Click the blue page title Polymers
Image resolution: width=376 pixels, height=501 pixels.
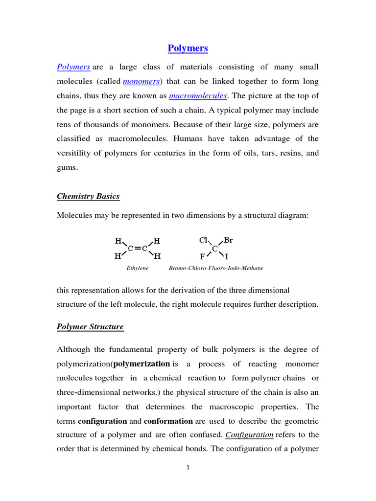coord(188,48)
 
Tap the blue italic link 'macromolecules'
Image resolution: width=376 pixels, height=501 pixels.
coord(198,96)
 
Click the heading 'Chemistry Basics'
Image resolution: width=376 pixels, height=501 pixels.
coord(88,196)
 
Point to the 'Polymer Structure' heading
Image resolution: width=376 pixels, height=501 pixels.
coord(90,326)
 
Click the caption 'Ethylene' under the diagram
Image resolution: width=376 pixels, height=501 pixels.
coord(138,268)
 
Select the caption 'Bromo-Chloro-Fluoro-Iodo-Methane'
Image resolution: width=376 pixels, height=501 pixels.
coord(216,268)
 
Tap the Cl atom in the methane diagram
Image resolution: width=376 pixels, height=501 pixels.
coord(204,240)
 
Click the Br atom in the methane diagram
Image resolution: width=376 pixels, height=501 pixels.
coord(228,240)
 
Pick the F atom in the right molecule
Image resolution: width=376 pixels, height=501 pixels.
coord(202,256)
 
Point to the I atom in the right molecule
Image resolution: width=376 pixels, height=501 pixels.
coord(227,256)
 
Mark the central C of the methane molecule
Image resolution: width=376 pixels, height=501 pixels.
coord(215,249)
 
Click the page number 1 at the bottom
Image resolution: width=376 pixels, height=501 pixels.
coord(188,467)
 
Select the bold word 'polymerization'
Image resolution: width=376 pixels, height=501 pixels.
coord(141,364)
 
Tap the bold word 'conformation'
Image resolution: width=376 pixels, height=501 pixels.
coord(168,421)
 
